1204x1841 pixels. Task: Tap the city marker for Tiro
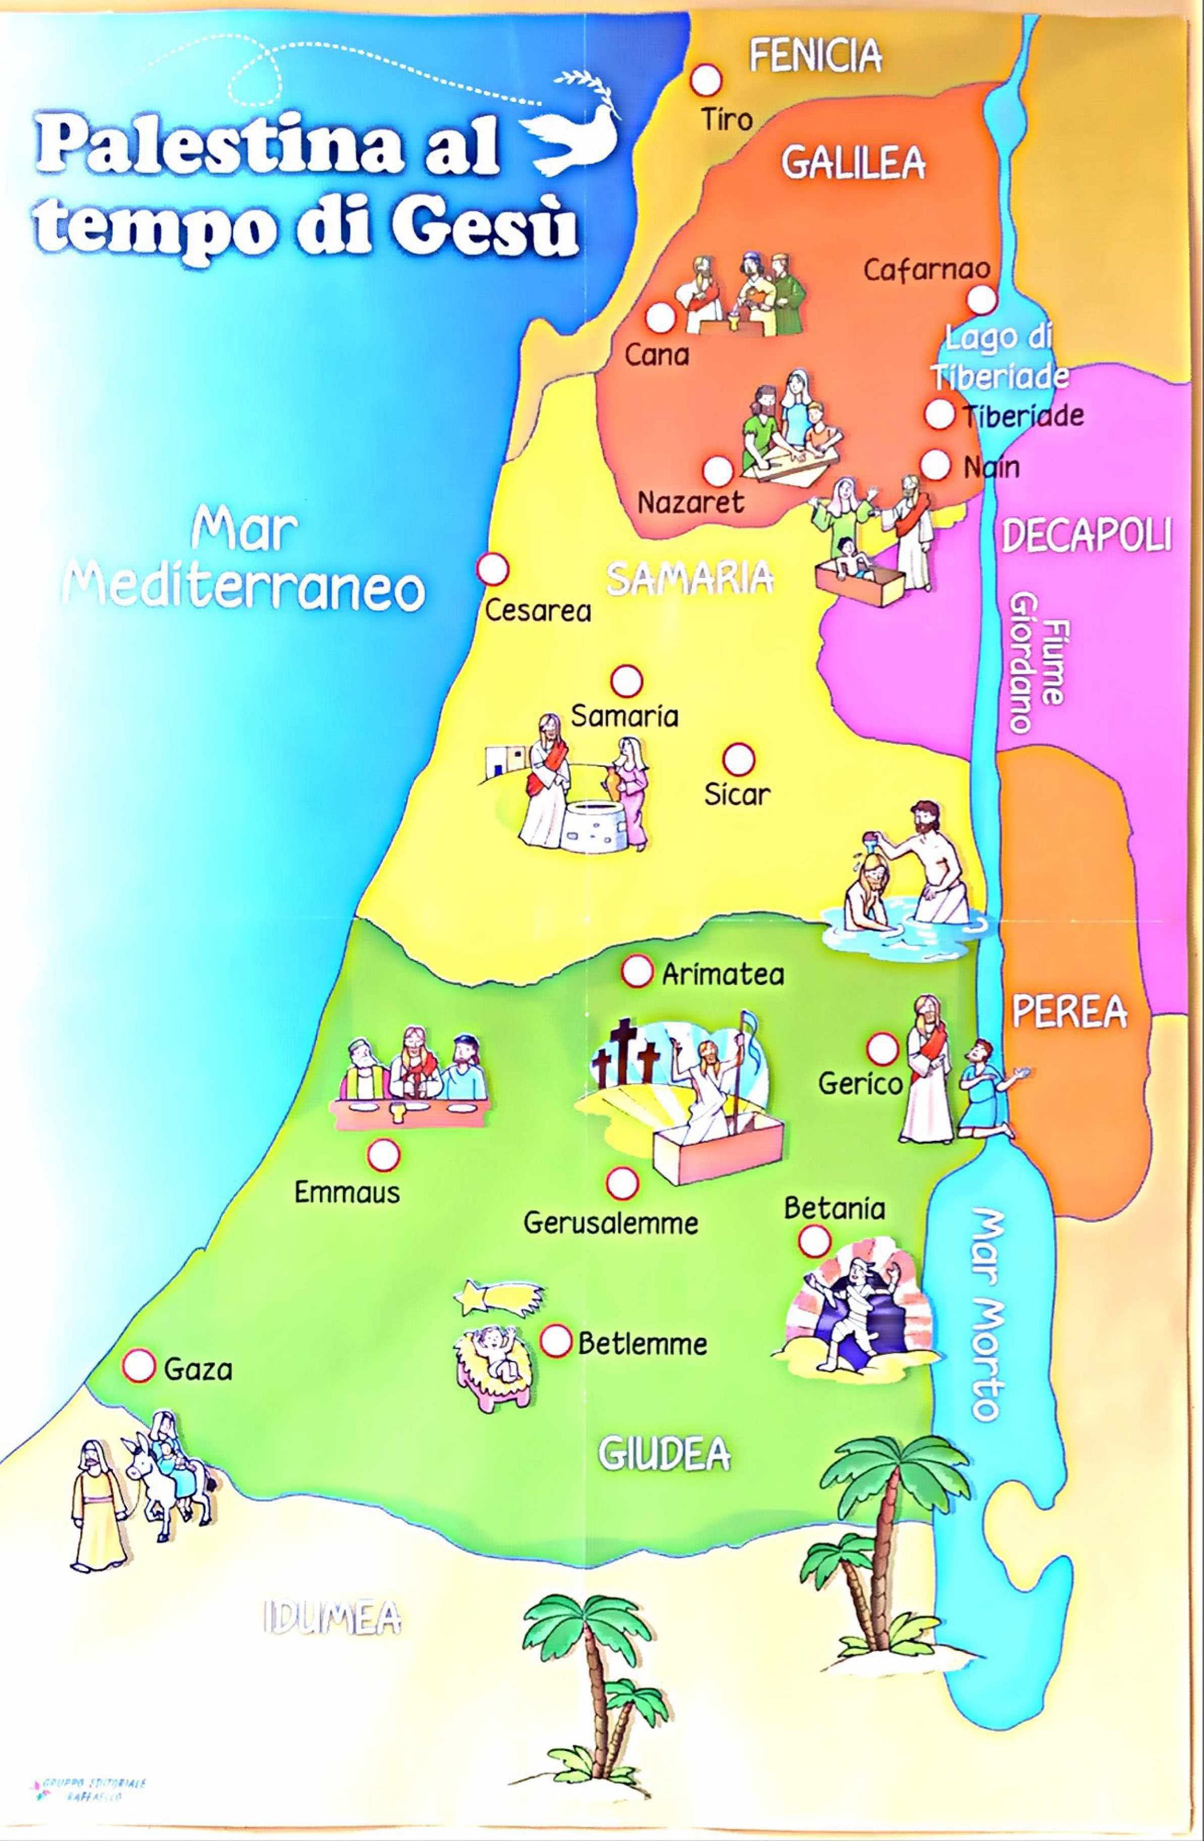pos(706,79)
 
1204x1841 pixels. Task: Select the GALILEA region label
pos(853,163)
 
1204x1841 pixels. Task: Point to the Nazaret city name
pos(690,503)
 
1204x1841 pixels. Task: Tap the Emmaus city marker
pos(383,1155)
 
